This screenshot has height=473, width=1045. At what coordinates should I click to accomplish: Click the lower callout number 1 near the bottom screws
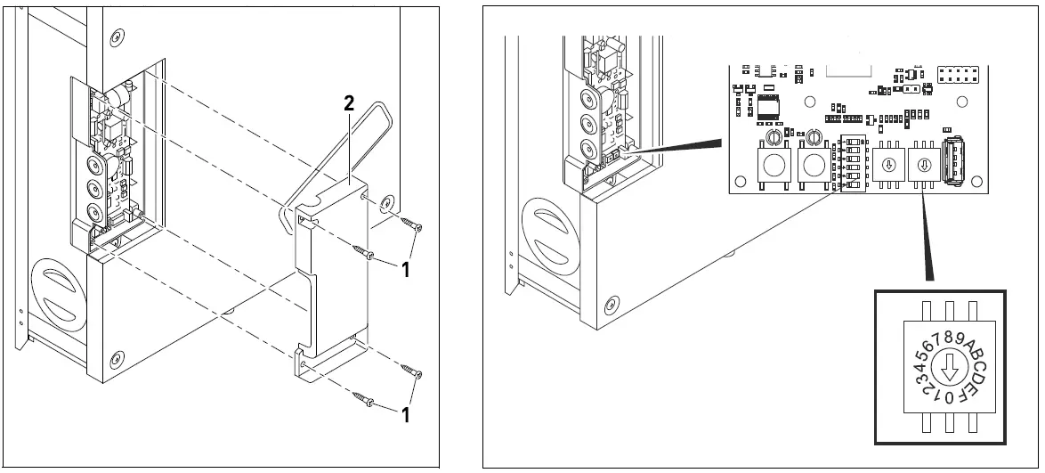[405, 414]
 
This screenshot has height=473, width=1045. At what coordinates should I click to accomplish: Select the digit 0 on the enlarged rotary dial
[950, 396]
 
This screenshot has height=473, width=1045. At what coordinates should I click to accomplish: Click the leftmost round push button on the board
[771, 165]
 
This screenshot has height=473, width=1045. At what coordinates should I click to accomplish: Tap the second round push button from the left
[814, 165]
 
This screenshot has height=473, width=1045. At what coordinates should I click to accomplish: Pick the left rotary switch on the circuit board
[886, 165]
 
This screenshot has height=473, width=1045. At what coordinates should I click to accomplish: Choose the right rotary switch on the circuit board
[923, 165]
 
